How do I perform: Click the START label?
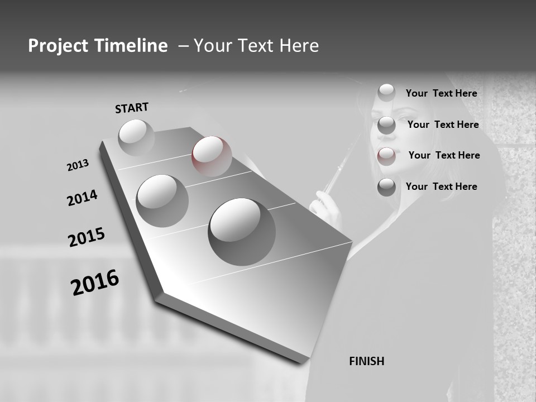(132, 108)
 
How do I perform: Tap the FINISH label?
(367, 361)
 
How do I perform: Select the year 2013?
(78, 165)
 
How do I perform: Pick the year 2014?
(82, 198)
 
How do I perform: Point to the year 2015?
(87, 237)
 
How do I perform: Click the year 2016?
(95, 283)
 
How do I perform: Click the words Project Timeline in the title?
(98, 46)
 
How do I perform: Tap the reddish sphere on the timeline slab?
(212, 156)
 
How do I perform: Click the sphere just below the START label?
(136, 137)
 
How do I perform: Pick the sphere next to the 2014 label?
(162, 200)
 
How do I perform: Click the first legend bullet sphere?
(386, 93)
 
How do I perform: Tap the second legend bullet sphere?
(386, 125)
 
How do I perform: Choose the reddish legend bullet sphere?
(386, 156)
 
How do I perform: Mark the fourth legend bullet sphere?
(386, 187)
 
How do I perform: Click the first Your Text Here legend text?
(441, 93)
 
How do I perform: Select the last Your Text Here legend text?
(441, 186)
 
